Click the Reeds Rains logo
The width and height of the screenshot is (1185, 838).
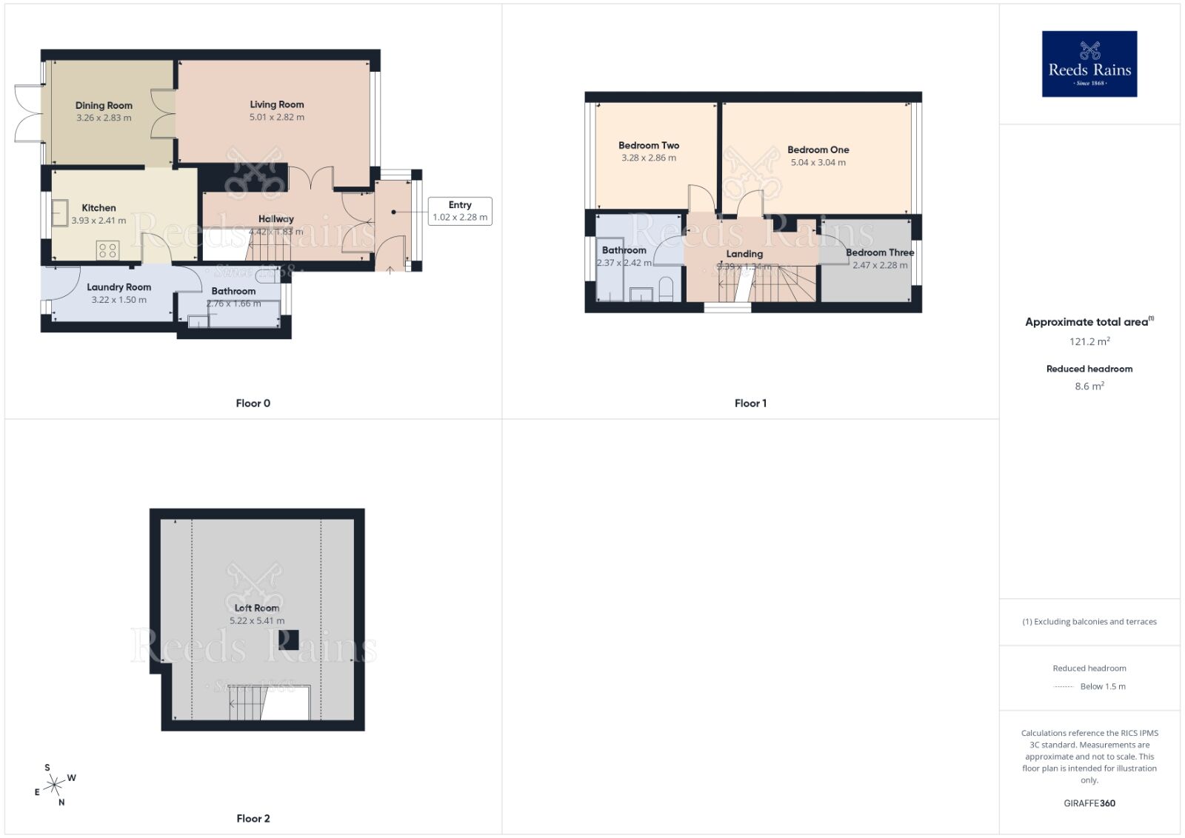coord(1089,64)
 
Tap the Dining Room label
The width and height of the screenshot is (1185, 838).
coord(104,105)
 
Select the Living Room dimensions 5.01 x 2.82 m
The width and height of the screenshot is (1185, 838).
coord(276,117)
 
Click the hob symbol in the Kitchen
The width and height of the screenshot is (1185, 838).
coord(107,250)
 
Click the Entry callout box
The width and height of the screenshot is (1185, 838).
coord(460,211)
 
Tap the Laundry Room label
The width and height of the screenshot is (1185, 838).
coord(118,287)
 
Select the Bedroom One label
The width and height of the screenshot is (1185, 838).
coord(818,150)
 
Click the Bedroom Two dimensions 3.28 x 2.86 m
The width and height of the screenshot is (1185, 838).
coord(648,158)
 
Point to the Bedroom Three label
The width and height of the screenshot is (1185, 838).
coord(879,252)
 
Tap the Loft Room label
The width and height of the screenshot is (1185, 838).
coord(256,608)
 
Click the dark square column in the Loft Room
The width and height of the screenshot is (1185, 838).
coord(293,640)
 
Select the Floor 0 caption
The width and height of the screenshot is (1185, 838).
coord(253,403)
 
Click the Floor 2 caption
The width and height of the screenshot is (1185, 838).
coord(253,818)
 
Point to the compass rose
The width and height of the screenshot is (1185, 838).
coord(54,785)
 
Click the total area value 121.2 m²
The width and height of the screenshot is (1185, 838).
coord(1089,341)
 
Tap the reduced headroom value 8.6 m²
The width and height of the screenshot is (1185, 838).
coord(1089,386)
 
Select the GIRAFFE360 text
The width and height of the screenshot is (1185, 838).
coord(1089,803)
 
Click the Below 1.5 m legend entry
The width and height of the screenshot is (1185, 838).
coord(1102,686)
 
